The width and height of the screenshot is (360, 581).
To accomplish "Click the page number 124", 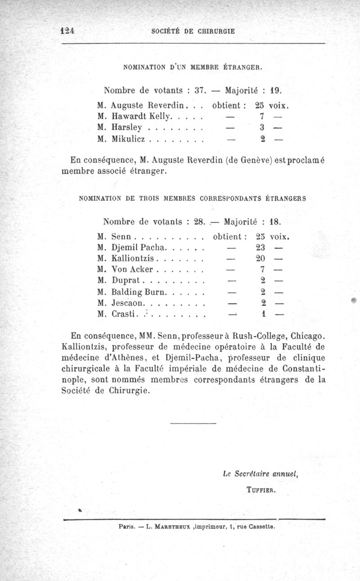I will tap(67, 31).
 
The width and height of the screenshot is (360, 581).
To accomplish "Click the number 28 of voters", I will tap(199, 221).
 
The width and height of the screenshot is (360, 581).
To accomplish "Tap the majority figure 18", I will tap(275, 221).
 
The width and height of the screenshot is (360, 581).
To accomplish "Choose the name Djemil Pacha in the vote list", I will tap(139, 248).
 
